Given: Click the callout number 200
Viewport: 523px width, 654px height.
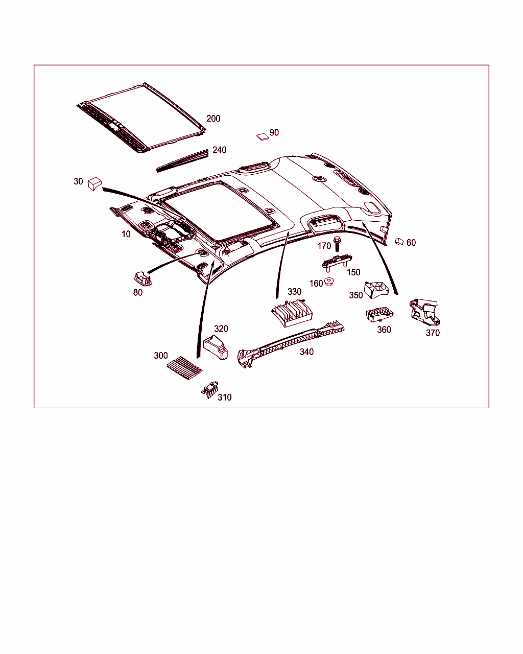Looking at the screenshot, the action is (x=213, y=119).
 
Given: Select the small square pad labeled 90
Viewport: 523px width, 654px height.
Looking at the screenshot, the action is (x=263, y=137).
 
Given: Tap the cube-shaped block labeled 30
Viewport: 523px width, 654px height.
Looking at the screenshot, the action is (x=94, y=184).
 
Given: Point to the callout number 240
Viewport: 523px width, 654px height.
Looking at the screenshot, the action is (x=220, y=150).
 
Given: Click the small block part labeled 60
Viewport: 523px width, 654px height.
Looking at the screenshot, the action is (x=399, y=242).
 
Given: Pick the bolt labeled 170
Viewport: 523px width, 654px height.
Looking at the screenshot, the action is (x=337, y=244).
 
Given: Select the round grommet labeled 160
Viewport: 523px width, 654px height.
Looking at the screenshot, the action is (x=329, y=282).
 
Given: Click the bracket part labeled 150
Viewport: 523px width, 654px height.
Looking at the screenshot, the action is (x=337, y=262).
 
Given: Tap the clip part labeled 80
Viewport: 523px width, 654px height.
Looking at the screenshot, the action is (x=143, y=278).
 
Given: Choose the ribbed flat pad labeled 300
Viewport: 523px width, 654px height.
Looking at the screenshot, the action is (x=184, y=368).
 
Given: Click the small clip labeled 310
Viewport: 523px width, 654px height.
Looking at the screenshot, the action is (x=210, y=390).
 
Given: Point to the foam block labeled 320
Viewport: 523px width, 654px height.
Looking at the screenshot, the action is (x=215, y=347).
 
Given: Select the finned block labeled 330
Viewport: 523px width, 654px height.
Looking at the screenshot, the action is (x=292, y=313).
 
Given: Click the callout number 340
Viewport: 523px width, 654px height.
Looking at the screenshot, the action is (x=306, y=352).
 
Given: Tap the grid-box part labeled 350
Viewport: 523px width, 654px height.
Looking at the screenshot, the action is (x=376, y=290).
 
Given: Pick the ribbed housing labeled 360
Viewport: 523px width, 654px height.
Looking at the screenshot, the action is (x=379, y=314).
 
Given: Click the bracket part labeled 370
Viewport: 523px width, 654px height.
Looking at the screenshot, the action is (x=425, y=312).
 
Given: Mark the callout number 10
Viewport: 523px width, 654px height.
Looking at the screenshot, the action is (x=126, y=234).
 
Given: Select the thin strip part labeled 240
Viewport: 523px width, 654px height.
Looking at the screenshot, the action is (x=182, y=161).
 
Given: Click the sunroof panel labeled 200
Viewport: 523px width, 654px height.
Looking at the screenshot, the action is (x=141, y=118).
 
